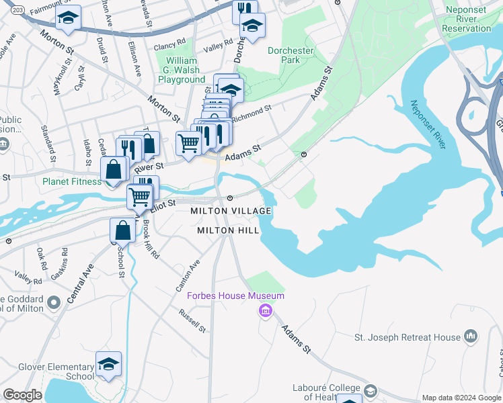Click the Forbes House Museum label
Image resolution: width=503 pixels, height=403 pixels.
[x=235, y=296]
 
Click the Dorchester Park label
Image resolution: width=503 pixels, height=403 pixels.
[x=291, y=56]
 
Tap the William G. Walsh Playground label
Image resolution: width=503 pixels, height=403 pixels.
[x=182, y=70]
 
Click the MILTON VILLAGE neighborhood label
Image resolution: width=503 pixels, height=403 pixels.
[x=231, y=211]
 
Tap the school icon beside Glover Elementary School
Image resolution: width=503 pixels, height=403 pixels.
[x=108, y=364]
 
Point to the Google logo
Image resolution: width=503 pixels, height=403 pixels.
[x=22, y=395]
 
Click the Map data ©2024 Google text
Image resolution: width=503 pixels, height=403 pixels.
[x=461, y=398]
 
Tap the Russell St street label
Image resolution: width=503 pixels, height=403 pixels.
[x=192, y=320]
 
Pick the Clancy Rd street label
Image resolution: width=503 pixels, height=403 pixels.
[x=169, y=46]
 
